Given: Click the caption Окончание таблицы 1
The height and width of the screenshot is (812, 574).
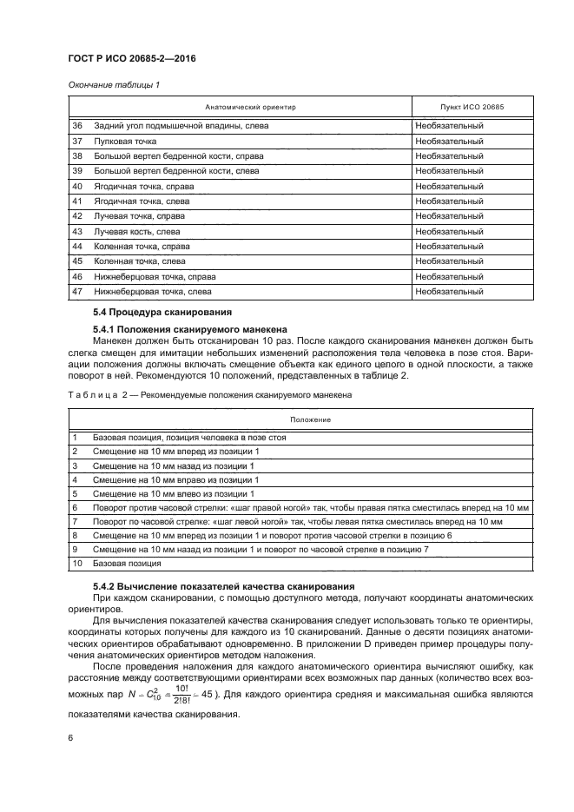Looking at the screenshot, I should pos(112,84).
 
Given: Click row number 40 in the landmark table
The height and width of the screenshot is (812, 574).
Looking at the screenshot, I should pos(76,186).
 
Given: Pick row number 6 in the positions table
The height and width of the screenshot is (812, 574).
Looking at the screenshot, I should pos(75,507).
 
